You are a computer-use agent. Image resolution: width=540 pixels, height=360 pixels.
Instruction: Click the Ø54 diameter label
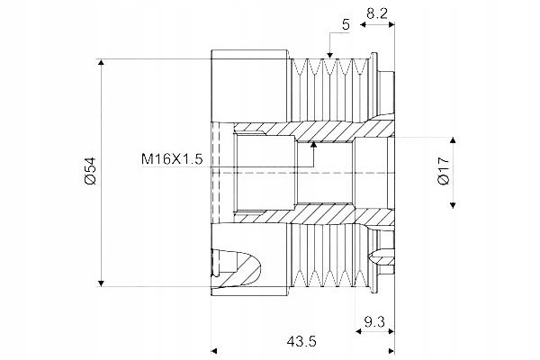click(90, 171)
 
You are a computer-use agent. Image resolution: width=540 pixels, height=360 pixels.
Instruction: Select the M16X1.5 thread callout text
click(172, 159)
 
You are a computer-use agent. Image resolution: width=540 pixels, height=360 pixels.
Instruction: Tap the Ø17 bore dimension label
click(444, 171)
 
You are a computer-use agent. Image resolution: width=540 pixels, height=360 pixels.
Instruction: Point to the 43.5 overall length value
click(301, 341)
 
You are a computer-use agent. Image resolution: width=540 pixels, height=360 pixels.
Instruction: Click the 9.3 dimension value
click(374, 322)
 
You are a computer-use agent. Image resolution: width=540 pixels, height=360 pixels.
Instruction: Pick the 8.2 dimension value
click(377, 13)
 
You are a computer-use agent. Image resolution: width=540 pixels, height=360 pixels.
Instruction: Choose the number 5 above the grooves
click(346, 25)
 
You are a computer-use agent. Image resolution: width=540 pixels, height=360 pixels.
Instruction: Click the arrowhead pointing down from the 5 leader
click(330, 55)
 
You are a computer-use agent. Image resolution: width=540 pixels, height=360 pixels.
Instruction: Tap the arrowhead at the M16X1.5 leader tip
click(313, 144)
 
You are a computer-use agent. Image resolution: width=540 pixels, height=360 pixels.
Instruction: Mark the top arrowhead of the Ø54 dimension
click(101, 62)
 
